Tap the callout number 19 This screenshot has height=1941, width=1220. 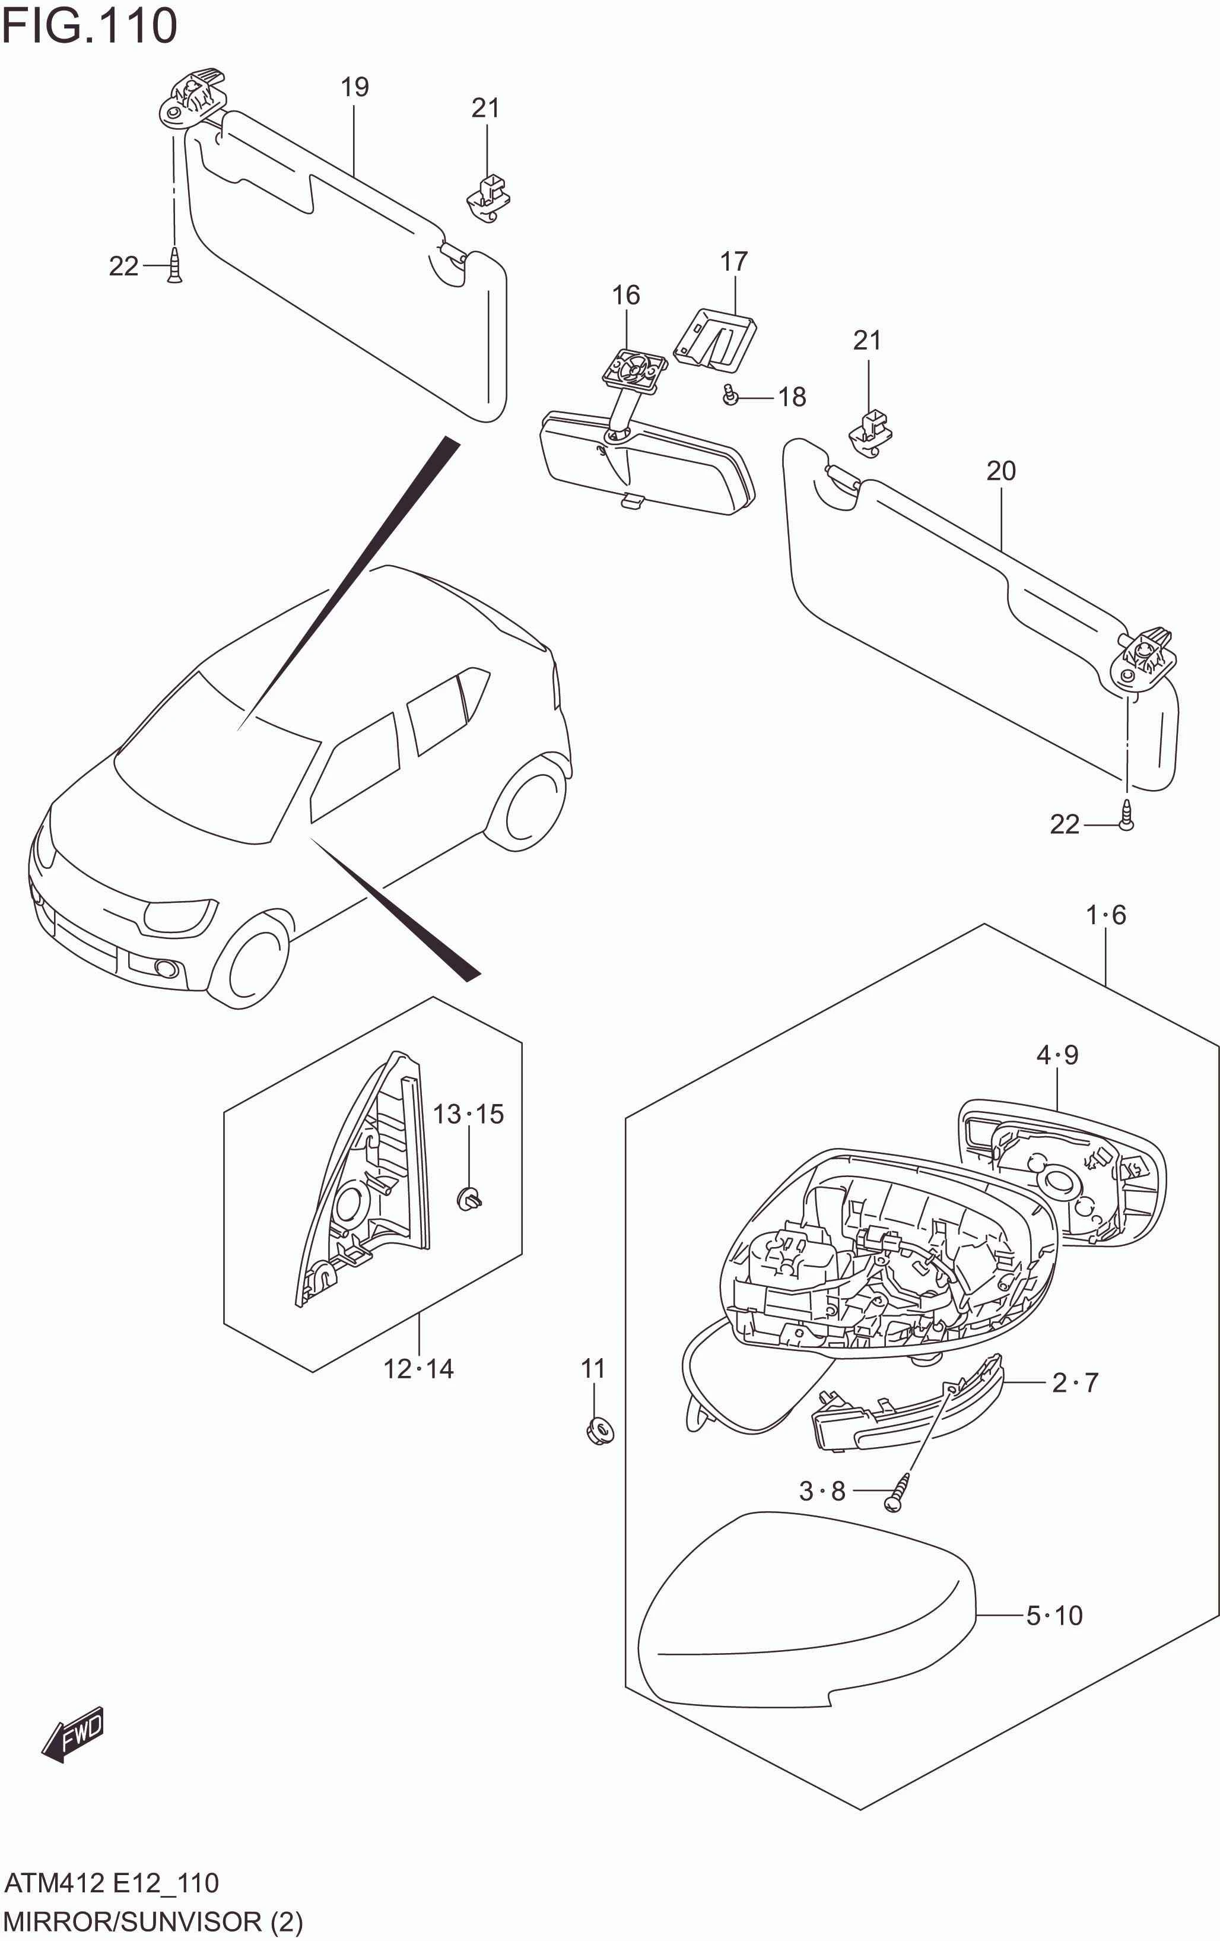coord(355,87)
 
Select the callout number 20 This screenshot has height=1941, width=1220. coord(1001,471)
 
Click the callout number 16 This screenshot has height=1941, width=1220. coord(626,295)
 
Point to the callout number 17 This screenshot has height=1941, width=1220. coord(733,261)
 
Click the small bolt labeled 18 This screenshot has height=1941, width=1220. coord(730,396)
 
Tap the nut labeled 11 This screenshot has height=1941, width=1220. coord(598,1431)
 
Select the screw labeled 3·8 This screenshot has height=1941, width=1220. coord(897,1493)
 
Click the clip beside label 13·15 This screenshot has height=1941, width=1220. coord(470,1200)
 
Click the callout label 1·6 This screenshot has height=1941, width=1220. coord(1105,915)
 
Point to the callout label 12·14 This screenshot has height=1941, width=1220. coord(418,1369)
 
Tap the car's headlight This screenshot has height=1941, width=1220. coord(179,914)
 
